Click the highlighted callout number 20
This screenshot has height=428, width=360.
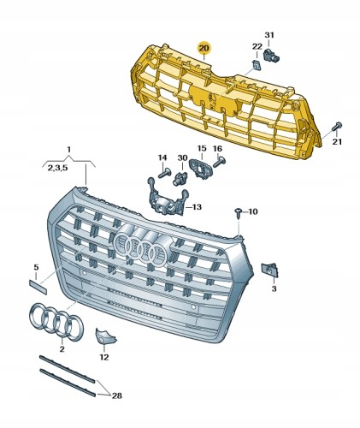click(204, 48)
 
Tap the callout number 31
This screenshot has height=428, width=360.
click(269, 35)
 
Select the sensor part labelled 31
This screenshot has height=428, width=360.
click(271, 55)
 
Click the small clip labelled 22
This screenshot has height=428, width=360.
click(257, 65)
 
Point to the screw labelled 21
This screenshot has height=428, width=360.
click(337, 127)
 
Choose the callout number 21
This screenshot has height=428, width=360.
click(337, 141)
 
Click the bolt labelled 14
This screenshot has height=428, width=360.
click(164, 173)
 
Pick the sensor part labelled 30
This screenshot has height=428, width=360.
click(180, 178)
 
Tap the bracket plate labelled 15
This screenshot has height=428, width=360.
click(200, 169)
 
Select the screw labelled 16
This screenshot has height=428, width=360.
click(219, 163)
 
